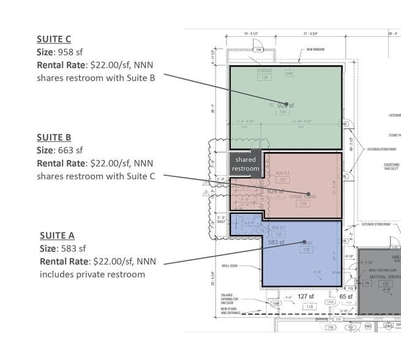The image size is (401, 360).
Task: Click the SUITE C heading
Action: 54,40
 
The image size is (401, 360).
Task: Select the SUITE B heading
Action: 54,137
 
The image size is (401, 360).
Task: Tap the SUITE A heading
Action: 57,235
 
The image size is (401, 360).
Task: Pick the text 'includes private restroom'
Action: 92,274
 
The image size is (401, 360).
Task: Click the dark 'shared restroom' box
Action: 245,163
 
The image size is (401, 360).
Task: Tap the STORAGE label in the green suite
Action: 264,71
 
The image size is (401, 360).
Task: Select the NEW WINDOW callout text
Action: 318,50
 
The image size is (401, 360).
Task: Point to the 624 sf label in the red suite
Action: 275,192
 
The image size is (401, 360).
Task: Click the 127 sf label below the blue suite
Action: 306,296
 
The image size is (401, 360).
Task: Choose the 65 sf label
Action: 347,296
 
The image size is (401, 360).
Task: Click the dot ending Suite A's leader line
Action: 304,242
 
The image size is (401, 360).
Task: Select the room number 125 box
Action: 385,284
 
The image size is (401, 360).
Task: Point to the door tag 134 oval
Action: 258,50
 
